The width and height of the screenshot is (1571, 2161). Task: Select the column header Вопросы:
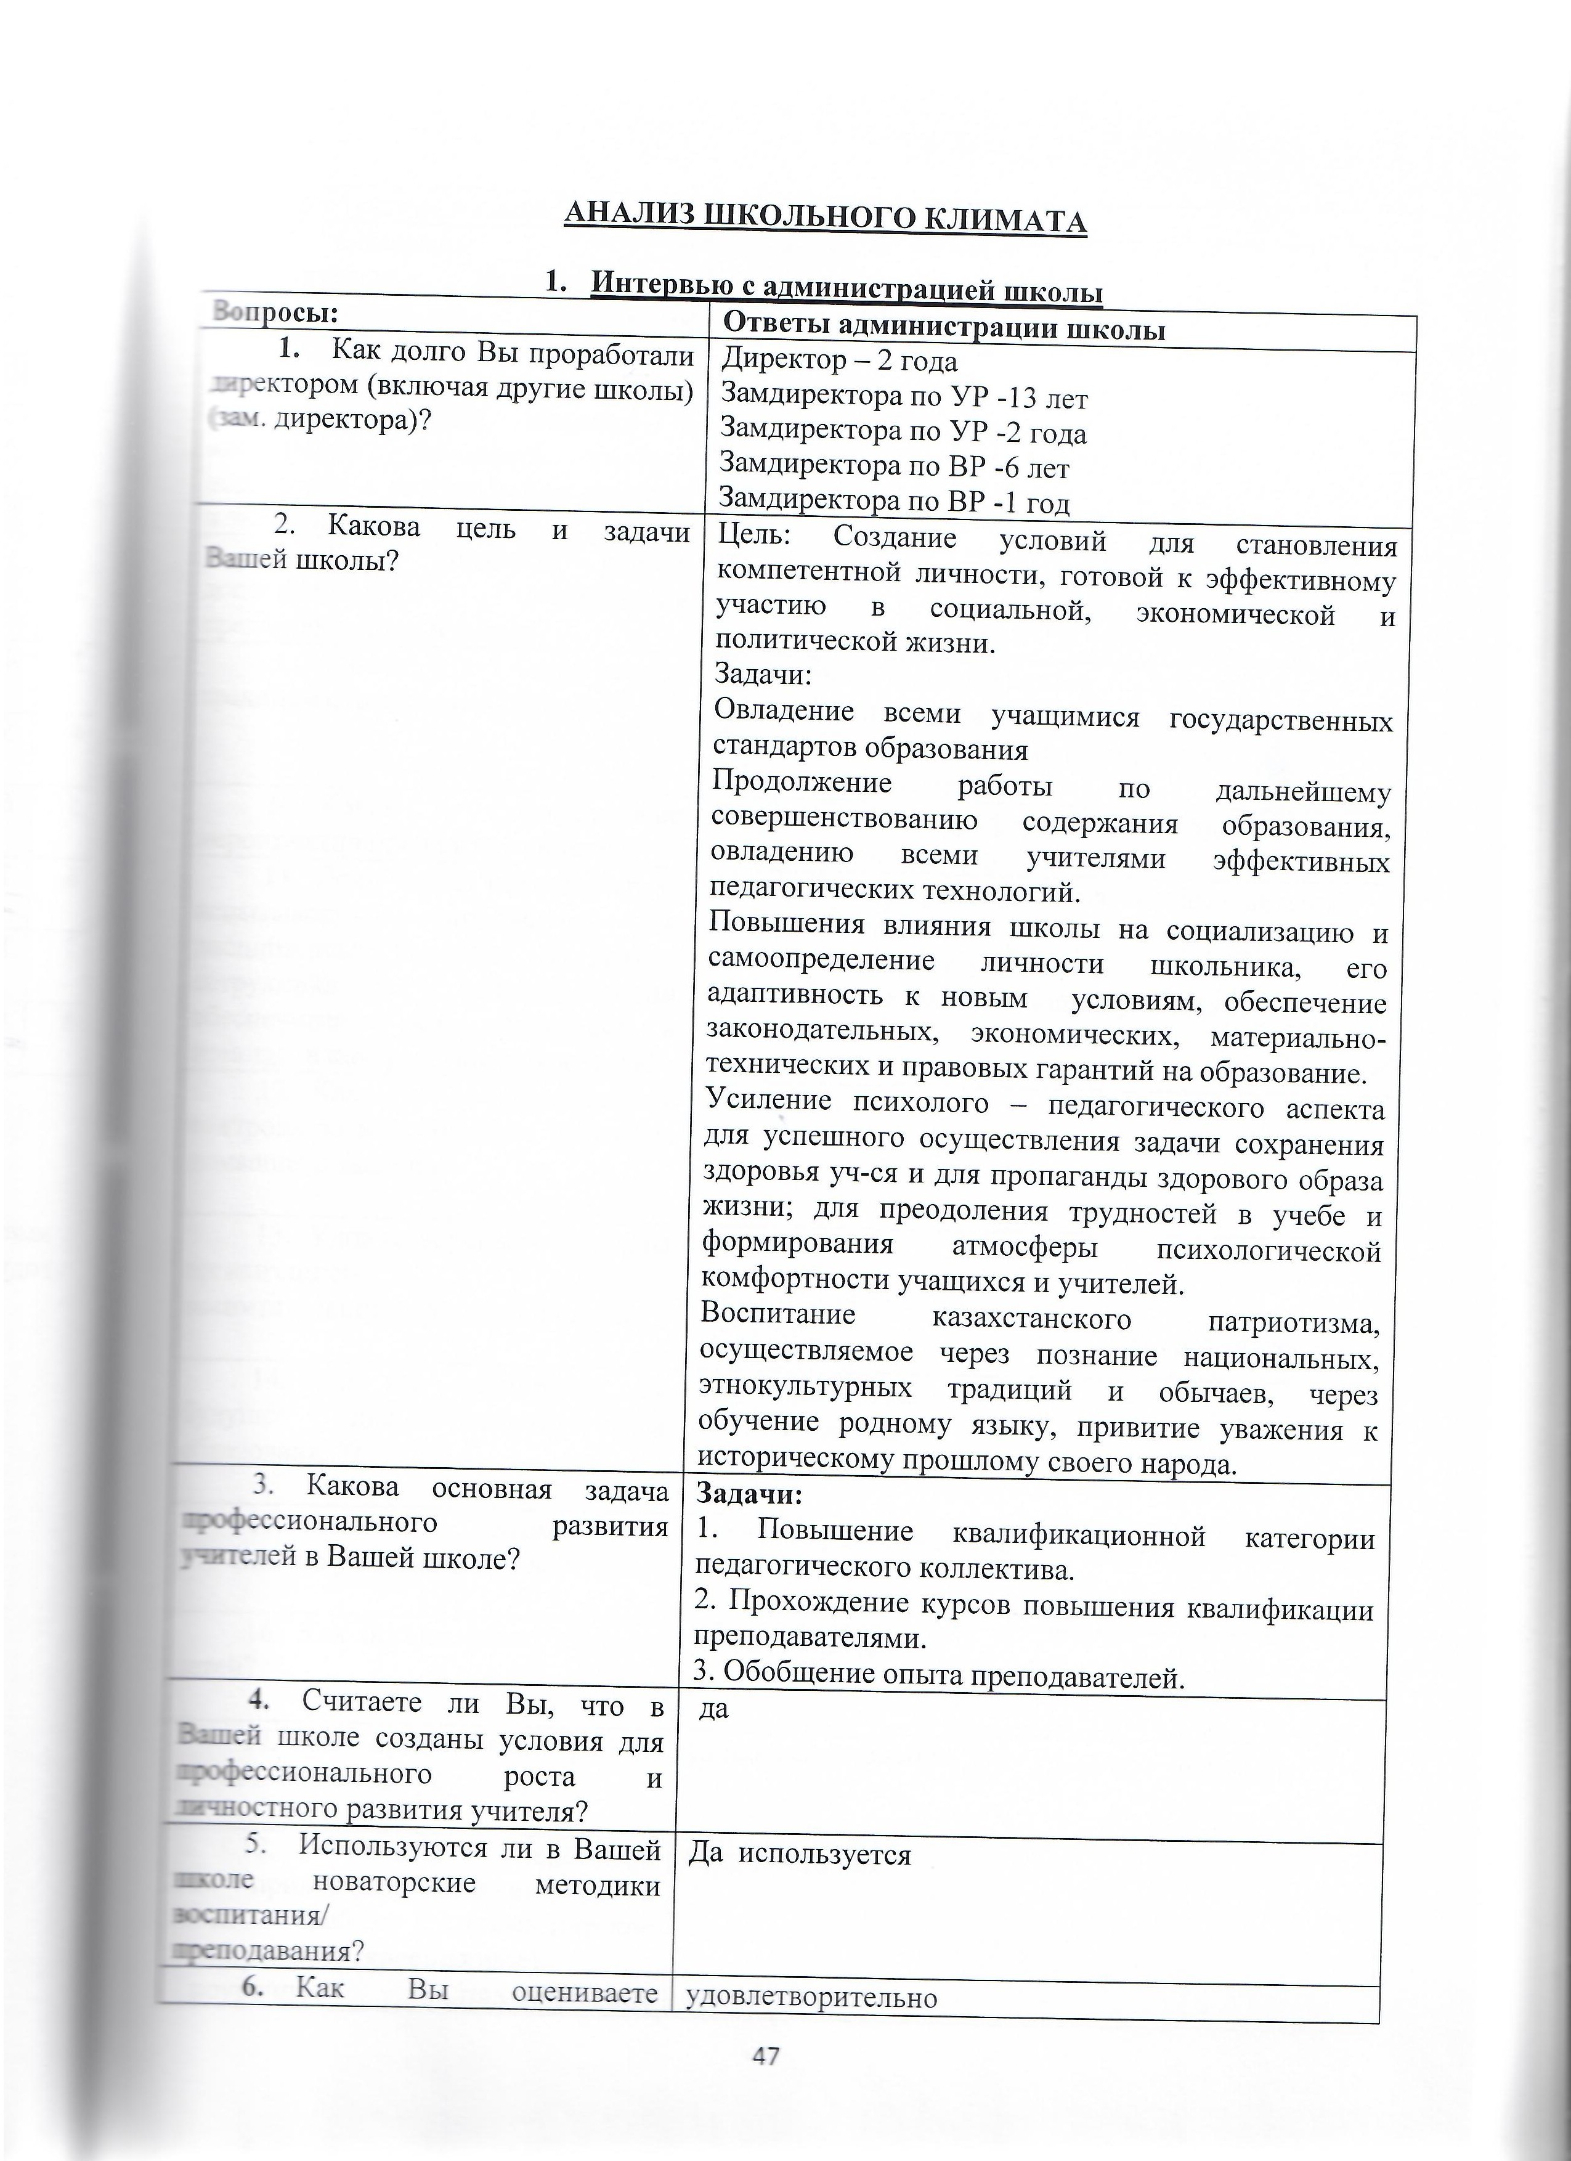coord(276,312)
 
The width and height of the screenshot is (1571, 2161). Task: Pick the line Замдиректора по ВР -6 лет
coord(894,467)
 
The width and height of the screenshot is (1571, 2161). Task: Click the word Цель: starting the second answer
coord(753,537)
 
